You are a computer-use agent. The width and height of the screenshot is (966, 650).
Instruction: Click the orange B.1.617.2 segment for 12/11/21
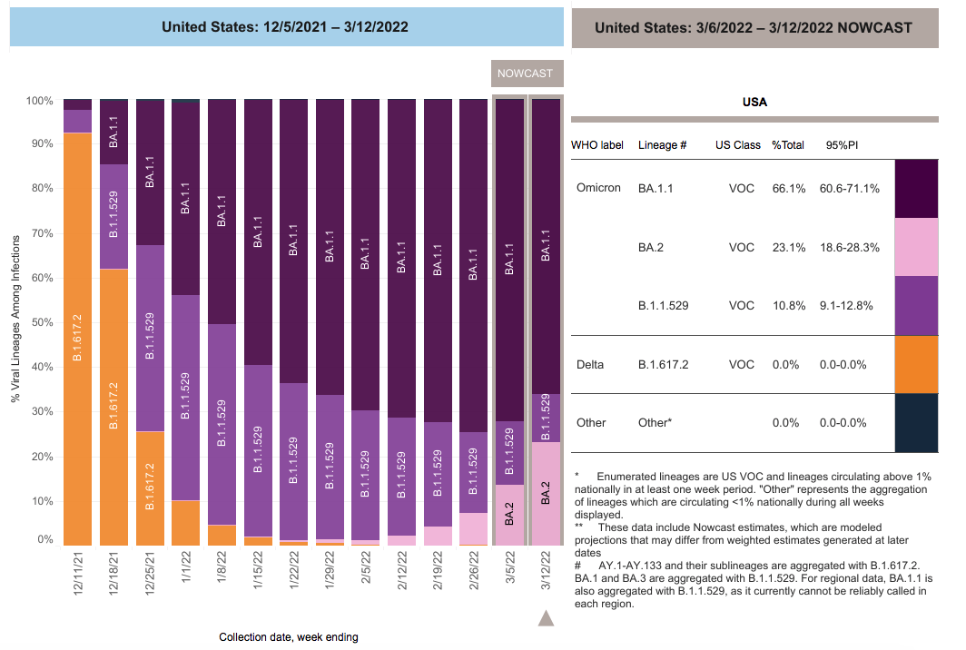coord(78,339)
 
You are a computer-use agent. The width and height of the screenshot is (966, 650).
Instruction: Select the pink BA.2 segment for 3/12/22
coord(546,494)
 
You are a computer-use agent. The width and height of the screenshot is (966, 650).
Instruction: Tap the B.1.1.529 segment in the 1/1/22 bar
coord(185,398)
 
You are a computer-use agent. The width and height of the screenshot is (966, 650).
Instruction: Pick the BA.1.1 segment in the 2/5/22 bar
coord(366,254)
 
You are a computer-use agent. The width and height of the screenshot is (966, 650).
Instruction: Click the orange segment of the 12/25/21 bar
coord(150,488)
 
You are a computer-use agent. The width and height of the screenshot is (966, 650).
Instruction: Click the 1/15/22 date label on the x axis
coord(258,570)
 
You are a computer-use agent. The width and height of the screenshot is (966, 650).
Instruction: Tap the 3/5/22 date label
coord(510,570)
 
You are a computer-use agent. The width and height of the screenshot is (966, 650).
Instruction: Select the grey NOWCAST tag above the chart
coord(527,74)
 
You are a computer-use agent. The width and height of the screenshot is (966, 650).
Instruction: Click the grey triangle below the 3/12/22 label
coord(546,618)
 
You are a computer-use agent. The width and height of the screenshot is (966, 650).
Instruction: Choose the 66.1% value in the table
coord(789,189)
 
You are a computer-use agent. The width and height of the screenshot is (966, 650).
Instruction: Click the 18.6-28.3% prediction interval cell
coord(849,248)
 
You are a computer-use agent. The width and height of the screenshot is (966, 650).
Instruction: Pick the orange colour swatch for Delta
coord(916,364)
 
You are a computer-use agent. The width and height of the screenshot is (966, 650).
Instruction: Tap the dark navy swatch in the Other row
coord(916,423)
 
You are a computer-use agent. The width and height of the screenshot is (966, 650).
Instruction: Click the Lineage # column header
coord(662,145)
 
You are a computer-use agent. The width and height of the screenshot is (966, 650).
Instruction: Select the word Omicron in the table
coord(598,188)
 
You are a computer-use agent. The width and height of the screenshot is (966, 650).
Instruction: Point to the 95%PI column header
coord(842,145)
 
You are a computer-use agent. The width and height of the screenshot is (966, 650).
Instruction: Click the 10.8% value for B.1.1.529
coord(789,306)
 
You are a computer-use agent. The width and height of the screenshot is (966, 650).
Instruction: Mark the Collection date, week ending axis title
coord(289,637)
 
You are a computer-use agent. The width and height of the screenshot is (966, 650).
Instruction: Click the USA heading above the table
coord(754,103)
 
